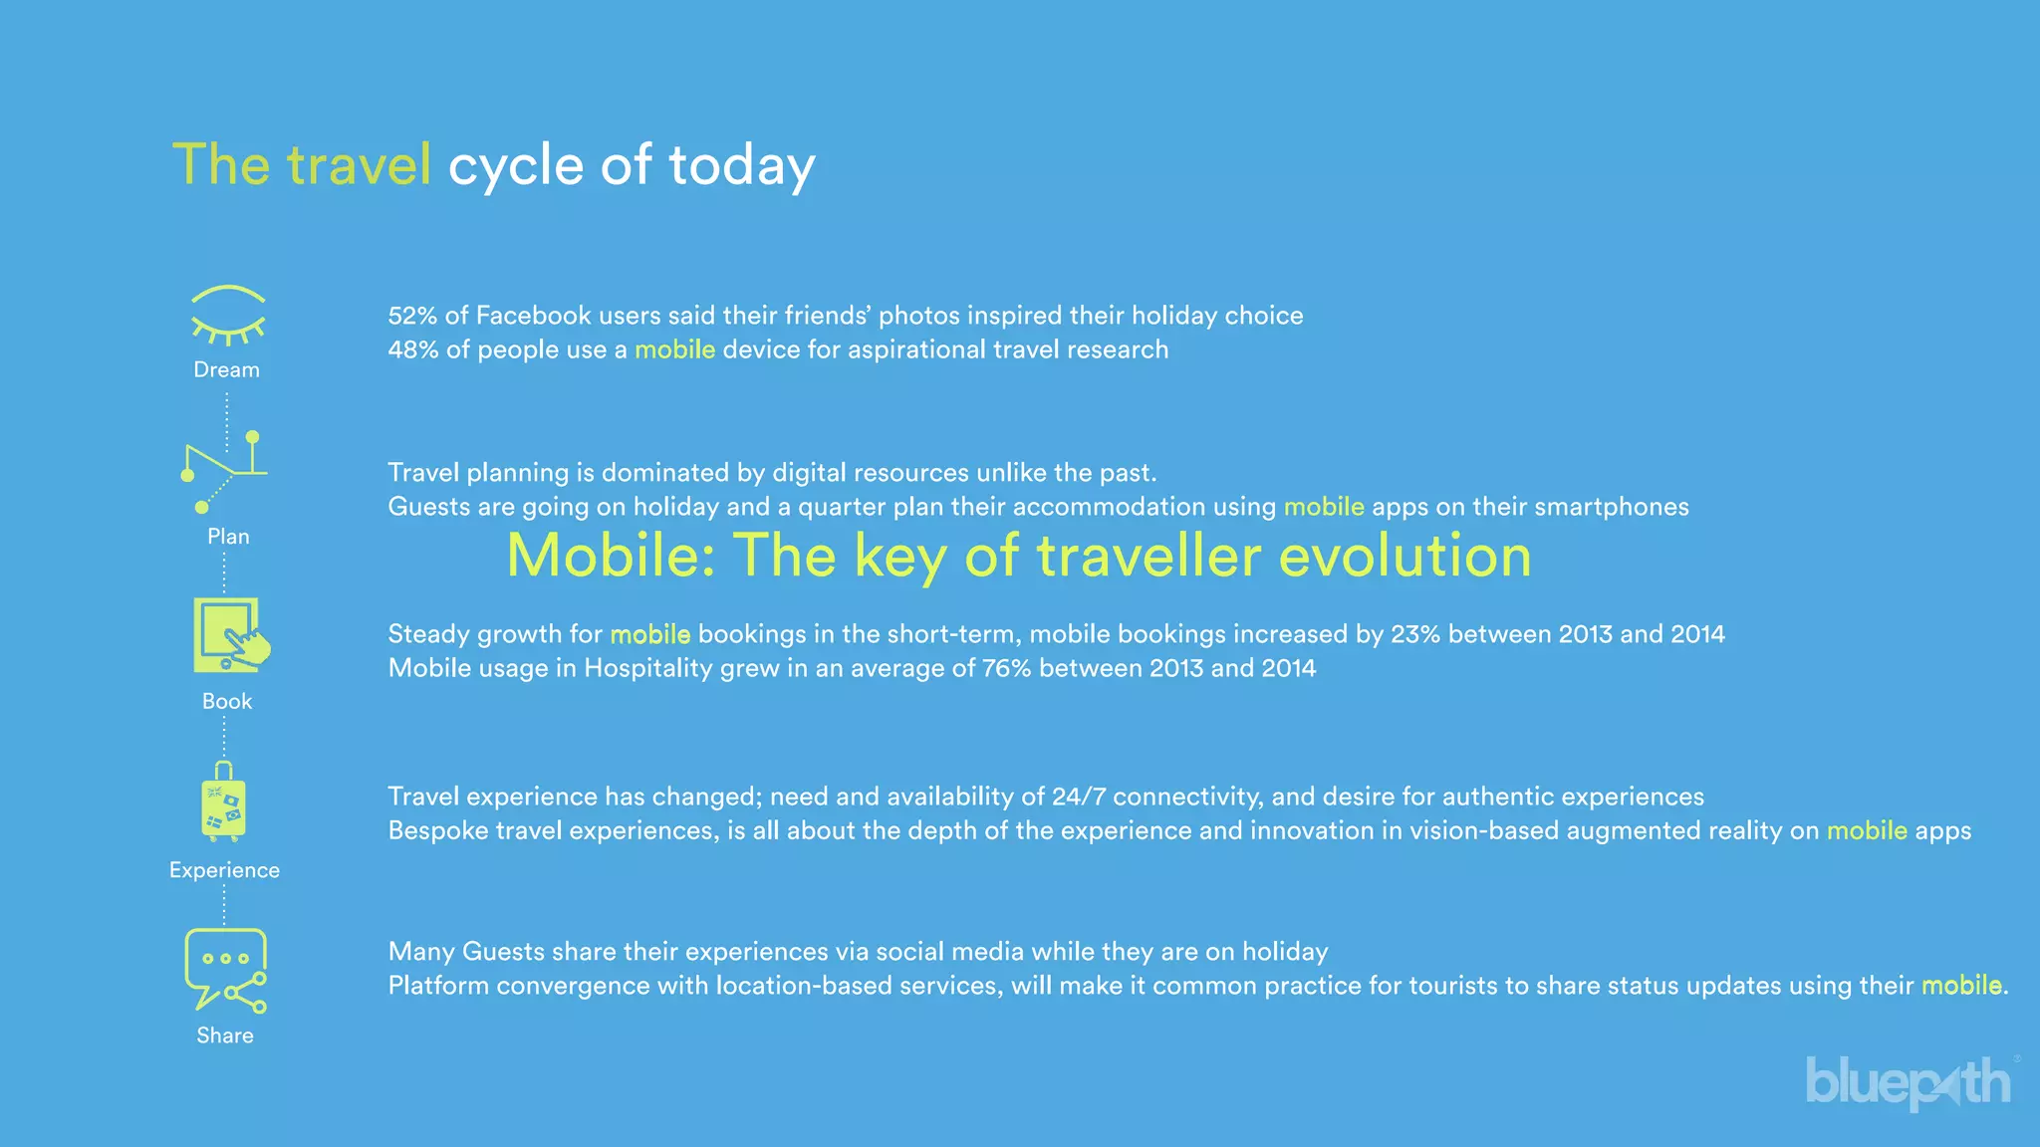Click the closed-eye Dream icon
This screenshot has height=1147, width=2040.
coord(227,315)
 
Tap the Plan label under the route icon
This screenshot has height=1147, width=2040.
coord(228,537)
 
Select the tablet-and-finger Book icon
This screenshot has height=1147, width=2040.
coord(230,635)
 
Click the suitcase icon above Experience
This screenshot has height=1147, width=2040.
coord(224,803)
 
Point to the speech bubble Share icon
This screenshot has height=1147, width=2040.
coord(225,969)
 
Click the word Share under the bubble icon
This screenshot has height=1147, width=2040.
coord(225,1035)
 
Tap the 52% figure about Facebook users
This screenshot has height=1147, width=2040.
coord(411,316)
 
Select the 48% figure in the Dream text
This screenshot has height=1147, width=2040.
coord(412,349)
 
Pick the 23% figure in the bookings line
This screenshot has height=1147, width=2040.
coord(1415,634)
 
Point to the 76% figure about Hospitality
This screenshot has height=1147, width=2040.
coord(1006,668)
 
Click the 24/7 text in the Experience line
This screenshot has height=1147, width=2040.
coord(1079,797)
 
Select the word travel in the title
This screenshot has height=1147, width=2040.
coord(359,165)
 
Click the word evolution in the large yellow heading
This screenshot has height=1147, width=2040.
coord(1404,556)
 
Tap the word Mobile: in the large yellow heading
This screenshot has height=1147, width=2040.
coord(611,556)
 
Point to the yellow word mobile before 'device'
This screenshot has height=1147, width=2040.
coord(674,349)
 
